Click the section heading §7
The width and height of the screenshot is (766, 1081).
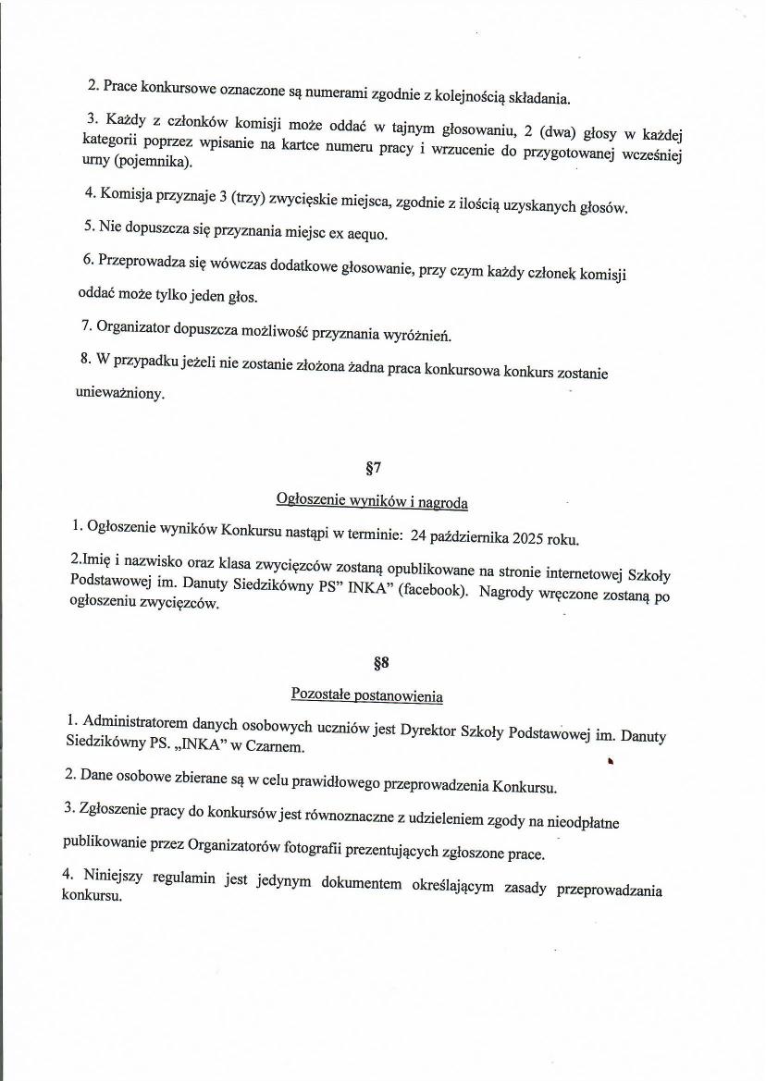pos(374,467)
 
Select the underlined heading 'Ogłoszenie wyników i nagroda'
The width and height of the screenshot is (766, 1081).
pos(372,501)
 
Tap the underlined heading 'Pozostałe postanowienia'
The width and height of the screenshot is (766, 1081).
pos(367,694)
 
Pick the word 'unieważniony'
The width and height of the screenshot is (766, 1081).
pos(120,393)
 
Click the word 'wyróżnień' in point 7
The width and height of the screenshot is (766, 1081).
pos(421,335)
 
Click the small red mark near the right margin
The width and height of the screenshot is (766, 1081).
pos(611,761)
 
